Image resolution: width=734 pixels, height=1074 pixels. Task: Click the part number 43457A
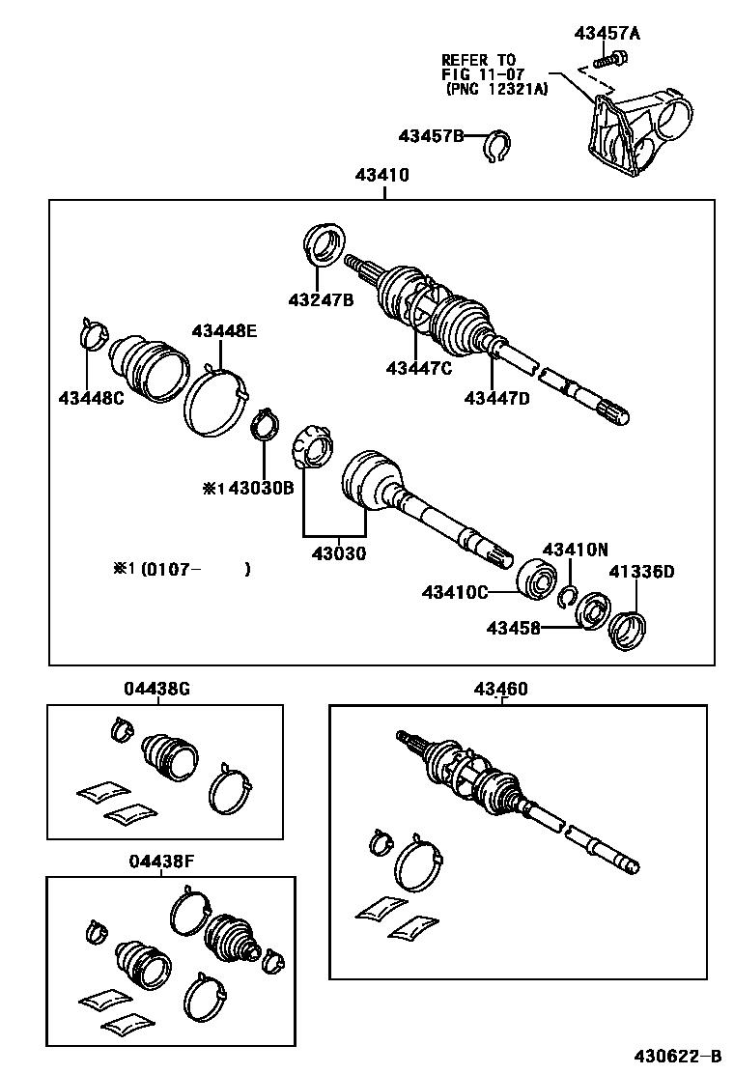click(607, 34)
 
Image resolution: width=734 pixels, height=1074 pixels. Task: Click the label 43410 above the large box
click(381, 176)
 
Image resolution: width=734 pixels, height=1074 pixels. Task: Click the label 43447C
click(418, 367)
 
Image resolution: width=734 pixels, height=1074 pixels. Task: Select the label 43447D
click(497, 397)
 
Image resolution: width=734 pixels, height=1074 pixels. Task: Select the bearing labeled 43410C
click(537, 579)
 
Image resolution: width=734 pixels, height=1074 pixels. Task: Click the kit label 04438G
click(156, 689)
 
